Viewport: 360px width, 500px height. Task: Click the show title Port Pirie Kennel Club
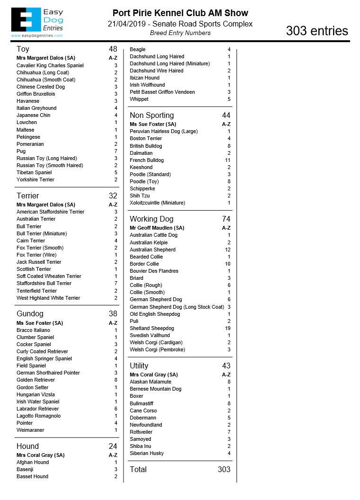pos(180,13)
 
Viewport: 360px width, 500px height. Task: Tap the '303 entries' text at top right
pos(316,31)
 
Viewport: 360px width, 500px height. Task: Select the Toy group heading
pos(23,49)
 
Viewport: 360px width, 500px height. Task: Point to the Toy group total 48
pos(113,49)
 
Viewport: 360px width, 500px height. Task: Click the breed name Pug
pos(21,151)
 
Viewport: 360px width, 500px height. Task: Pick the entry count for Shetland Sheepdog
pos(228,328)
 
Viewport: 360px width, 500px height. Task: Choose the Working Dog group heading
pos(151,219)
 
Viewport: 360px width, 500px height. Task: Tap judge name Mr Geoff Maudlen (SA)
pos(157,228)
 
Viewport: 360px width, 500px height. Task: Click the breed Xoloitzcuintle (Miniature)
pos(158,203)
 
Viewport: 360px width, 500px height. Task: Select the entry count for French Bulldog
pos(228,160)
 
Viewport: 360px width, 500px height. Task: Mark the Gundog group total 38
pos(113,313)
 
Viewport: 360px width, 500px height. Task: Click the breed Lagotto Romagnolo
pos(39,416)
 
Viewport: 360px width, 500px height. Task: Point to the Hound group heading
pos(27,446)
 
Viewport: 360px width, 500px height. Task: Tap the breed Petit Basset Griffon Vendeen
pos(162,92)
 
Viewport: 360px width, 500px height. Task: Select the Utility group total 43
pos(226,366)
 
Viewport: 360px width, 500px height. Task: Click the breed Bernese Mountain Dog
pos(156,389)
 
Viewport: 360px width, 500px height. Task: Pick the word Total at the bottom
pos(138,469)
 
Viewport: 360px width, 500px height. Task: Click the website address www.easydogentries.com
pos(36,36)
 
